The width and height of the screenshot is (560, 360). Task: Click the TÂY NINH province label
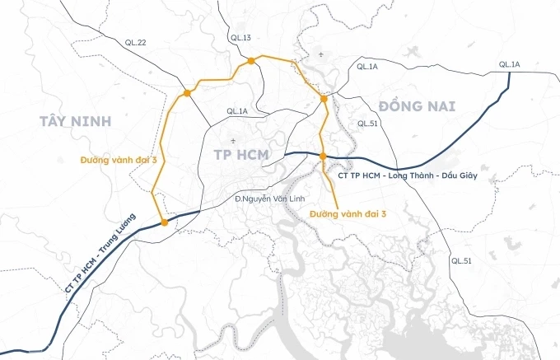74,121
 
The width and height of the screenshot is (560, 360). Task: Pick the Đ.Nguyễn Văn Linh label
263,199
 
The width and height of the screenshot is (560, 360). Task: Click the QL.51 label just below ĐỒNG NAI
366,123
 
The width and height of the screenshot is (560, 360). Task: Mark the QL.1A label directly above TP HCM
237,111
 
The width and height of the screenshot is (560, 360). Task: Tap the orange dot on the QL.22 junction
188,93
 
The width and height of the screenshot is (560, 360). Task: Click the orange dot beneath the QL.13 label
248,60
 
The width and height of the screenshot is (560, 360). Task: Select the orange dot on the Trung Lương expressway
166,222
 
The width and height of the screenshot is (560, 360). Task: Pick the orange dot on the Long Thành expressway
323,156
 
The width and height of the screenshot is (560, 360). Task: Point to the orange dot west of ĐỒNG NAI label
324,99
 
